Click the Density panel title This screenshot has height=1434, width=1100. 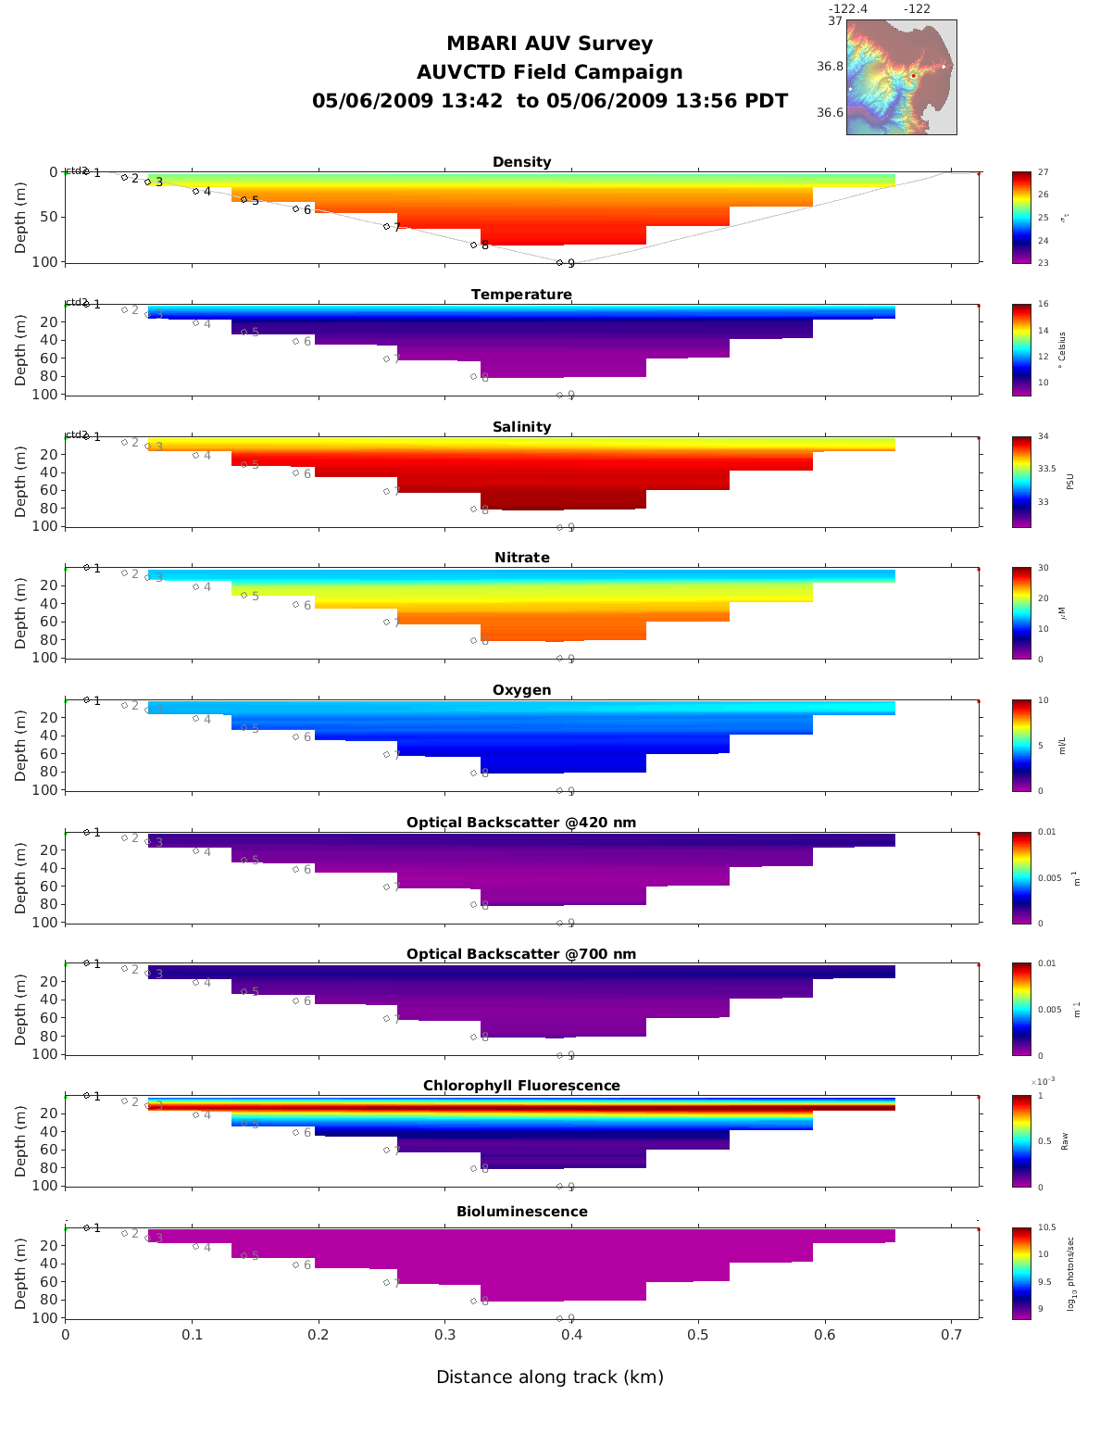click(x=521, y=162)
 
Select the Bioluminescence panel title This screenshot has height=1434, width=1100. click(x=521, y=1212)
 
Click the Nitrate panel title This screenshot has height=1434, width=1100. click(x=521, y=558)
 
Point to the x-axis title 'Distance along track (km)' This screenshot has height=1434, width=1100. click(x=550, y=1377)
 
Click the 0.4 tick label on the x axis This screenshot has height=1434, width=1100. click(x=571, y=1335)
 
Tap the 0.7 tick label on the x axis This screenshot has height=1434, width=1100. click(x=951, y=1335)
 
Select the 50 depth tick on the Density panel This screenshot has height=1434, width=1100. click(x=47, y=217)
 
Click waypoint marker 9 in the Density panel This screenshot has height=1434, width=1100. click(x=559, y=262)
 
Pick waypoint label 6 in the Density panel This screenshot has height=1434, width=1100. click(x=307, y=210)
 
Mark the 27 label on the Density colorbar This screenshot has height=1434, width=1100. click(x=1043, y=172)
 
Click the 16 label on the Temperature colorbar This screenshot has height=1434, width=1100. click(x=1043, y=305)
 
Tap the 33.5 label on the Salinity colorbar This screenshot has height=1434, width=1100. click(x=1046, y=469)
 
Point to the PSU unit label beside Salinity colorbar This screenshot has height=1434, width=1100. click(x=1069, y=482)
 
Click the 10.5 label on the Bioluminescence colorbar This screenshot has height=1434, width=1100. click(x=1046, y=1227)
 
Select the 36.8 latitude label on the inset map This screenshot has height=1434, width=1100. click(x=830, y=67)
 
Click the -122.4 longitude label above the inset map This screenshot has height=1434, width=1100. click(x=847, y=9)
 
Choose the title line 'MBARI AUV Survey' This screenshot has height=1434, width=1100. click(x=549, y=44)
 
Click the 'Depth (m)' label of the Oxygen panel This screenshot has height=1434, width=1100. click(x=21, y=746)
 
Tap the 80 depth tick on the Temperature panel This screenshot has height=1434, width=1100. click(x=50, y=376)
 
